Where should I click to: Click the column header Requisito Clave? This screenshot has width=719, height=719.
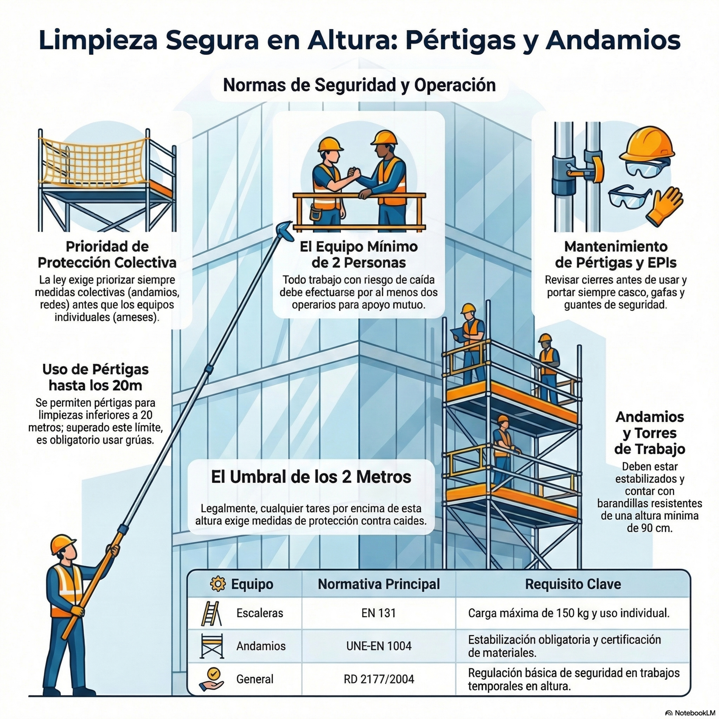click(573, 584)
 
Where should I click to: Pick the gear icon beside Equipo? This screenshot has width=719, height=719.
click(218, 584)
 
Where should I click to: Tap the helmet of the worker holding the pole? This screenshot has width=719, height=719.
click(63, 544)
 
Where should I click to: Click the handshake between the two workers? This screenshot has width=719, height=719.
click(354, 174)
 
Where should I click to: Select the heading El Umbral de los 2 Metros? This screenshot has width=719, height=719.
click(311, 477)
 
